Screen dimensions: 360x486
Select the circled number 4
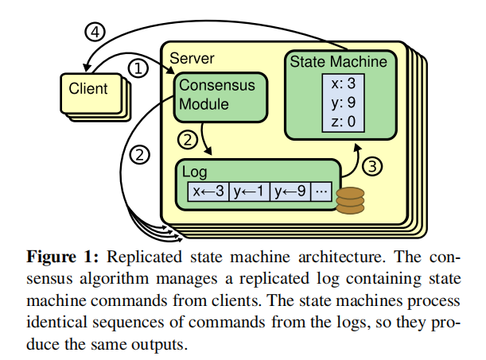(95, 33)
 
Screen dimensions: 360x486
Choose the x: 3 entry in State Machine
(346, 83)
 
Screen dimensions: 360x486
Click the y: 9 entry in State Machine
(346, 102)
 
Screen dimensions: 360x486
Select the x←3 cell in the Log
(209, 192)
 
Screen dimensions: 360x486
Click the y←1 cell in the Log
(250, 192)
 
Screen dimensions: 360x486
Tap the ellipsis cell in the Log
(322, 192)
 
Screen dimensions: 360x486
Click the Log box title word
(196, 172)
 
